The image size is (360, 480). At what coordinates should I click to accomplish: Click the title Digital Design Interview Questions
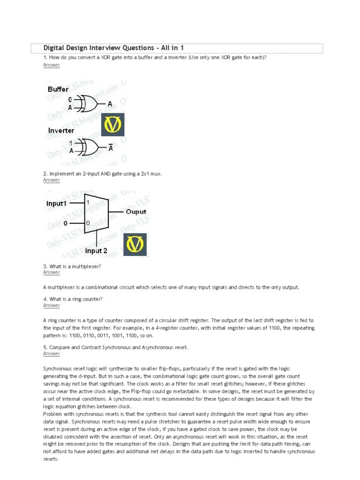(x=113, y=48)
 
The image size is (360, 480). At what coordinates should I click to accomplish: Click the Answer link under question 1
(x=52, y=65)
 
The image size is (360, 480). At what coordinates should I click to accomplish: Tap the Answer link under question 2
(x=52, y=180)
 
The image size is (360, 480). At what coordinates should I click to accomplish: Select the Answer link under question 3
(x=52, y=272)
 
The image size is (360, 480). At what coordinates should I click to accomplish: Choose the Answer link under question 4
(x=52, y=306)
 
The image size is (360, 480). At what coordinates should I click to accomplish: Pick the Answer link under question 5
(x=52, y=354)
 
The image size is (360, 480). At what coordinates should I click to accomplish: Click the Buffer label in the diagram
(x=58, y=89)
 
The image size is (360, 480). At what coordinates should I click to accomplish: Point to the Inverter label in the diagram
(x=61, y=131)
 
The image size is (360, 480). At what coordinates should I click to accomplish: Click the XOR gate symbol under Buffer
(x=88, y=104)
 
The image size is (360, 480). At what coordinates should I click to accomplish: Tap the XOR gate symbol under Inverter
(x=88, y=147)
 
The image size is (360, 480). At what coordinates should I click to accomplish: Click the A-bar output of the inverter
(x=111, y=148)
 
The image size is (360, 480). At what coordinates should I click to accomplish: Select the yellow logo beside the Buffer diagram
(x=113, y=124)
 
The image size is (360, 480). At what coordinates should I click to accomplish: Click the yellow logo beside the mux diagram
(x=135, y=244)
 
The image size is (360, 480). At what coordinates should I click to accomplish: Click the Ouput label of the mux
(x=136, y=212)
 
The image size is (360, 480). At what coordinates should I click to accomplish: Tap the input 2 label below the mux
(x=96, y=251)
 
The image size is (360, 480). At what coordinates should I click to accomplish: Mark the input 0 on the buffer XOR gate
(x=70, y=100)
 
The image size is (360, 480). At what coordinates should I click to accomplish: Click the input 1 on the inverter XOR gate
(x=70, y=143)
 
